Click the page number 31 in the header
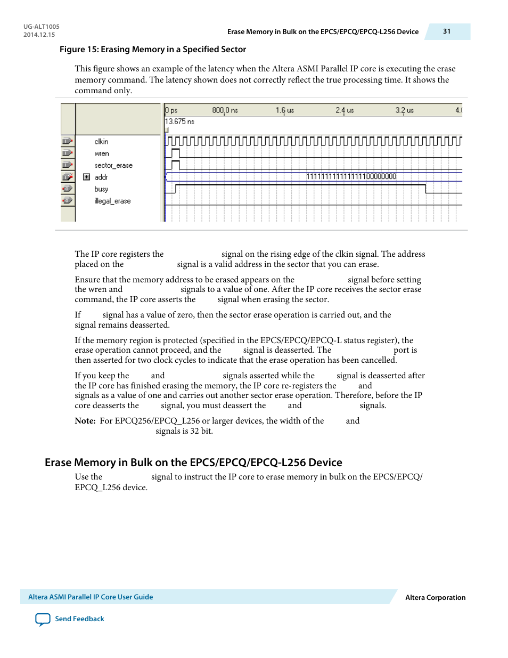pyautogui.click(x=446, y=31)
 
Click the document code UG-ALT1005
pyautogui.click(x=42, y=27)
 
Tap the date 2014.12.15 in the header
pyautogui.click(x=39, y=35)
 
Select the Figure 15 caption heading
pyautogui.click(x=152, y=50)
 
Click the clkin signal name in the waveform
pyautogui.click(x=101, y=142)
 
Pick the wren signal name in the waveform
pyautogui.click(x=102, y=153)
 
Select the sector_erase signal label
pyautogui.click(x=113, y=166)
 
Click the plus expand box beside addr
pyautogui.click(x=87, y=177)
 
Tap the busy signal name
pyautogui.click(x=101, y=189)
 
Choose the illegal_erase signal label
pyautogui.click(x=112, y=201)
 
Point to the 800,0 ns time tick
pyautogui.click(x=225, y=110)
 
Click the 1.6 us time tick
pyautogui.click(x=284, y=110)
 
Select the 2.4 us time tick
pyautogui.click(x=345, y=110)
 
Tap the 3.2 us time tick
pyautogui.click(x=404, y=110)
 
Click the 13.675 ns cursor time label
pyautogui.click(x=179, y=121)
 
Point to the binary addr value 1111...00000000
pyautogui.click(x=351, y=176)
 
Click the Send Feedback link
pyautogui.click(x=79, y=619)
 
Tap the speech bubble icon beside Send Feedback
pyautogui.click(x=43, y=619)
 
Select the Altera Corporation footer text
pyautogui.click(x=435, y=597)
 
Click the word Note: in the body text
pyautogui.click(x=85, y=421)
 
